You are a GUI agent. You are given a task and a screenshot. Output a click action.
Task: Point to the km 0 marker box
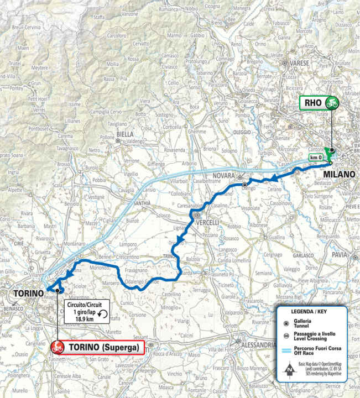point(316,159)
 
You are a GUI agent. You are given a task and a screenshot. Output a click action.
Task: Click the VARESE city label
point(299,64)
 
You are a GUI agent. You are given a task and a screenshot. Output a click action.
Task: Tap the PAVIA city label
point(340,255)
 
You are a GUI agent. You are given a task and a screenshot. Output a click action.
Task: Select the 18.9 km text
point(84,319)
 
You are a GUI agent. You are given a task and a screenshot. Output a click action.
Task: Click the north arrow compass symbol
point(289,369)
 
